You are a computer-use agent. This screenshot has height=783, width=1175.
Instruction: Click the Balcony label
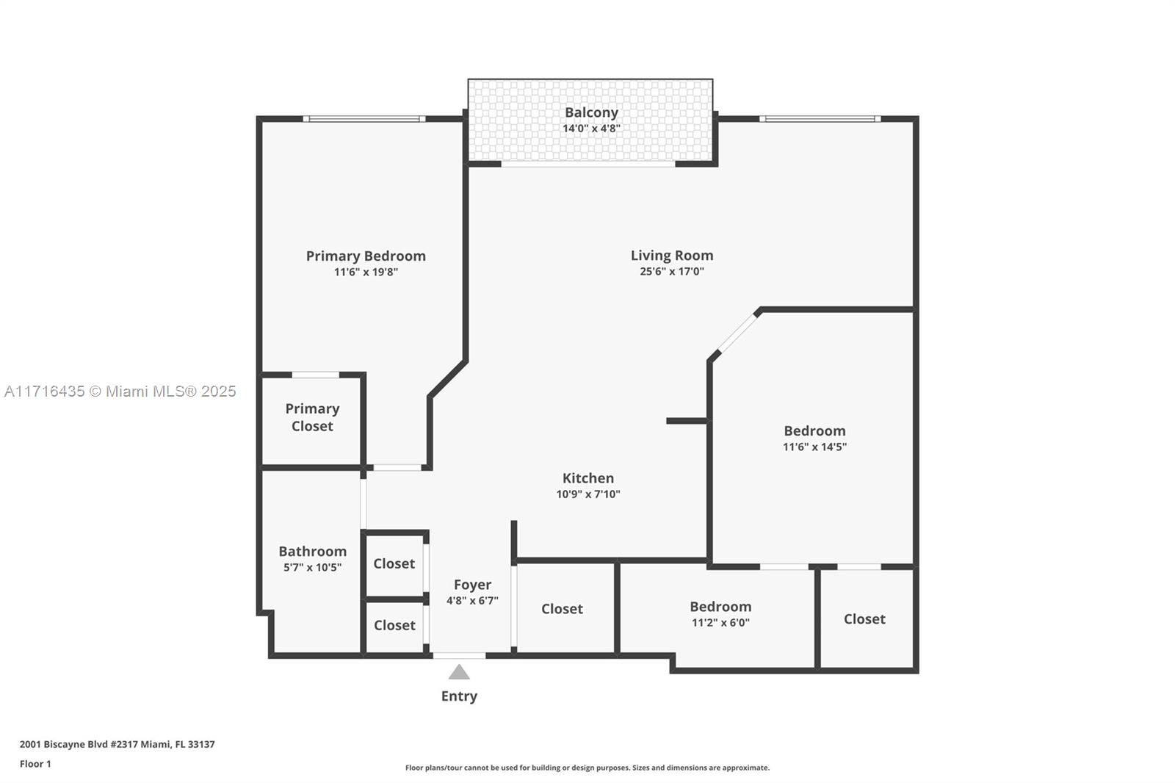click(x=591, y=112)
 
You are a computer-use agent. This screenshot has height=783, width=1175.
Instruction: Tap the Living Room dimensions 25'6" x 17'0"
click(x=672, y=271)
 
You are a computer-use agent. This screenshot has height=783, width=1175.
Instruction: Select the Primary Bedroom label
click(x=366, y=256)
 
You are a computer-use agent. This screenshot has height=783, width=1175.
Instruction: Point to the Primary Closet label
click(x=312, y=417)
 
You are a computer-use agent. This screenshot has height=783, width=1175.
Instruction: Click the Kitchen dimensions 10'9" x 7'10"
click(x=588, y=494)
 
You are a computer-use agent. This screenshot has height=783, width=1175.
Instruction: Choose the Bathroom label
click(x=313, y=551)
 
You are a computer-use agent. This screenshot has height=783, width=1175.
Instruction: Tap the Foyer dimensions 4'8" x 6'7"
click(x=472, y=600)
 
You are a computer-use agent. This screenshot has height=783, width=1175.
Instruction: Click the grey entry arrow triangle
click(x=459, y=672)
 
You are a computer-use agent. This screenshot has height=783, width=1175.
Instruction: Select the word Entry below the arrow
click(x=459, y=696)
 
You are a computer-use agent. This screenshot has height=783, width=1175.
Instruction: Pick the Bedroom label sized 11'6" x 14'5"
click(x=814, y=431)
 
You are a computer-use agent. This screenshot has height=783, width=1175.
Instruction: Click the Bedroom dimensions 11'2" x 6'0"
click(x=720, y=622)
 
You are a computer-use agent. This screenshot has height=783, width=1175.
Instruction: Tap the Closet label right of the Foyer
click(x=562, y=609)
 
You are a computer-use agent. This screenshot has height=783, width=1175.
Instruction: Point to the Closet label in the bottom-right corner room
click(x=864, y=619)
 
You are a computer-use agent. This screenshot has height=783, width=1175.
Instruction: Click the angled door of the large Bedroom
click(x=738, y=333)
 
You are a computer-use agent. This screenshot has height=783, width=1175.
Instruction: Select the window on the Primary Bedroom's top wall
click(x=364, y=118)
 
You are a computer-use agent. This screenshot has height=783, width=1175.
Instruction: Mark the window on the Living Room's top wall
click(x=820, y=118)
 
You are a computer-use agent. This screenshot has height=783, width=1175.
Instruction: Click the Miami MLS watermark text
click(x=120, y=391)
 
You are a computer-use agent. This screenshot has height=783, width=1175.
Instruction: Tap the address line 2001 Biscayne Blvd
click(x=117, y=744)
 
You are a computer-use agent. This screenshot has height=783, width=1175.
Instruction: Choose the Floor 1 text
click(x=35, y=764)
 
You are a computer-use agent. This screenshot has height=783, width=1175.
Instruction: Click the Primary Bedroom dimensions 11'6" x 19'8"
click(x=366, y=272)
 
